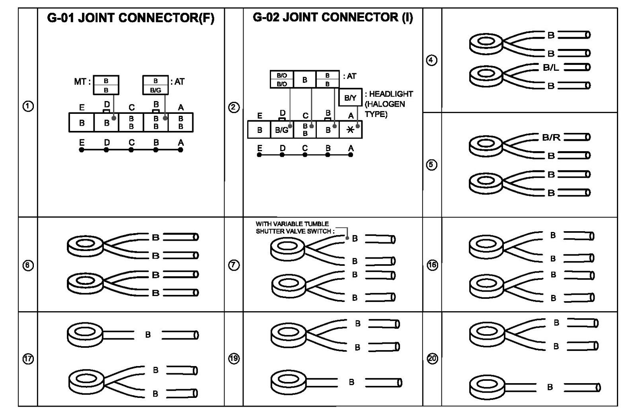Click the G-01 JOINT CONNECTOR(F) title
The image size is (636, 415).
[x=131, y=18]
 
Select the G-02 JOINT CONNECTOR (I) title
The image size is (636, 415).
[x=333, y=18]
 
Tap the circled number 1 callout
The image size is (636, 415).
[x=28, y=107]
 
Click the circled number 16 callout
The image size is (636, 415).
[x=432, y=265]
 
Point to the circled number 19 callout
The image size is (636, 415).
[x=234, y=358]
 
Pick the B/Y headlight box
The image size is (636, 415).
[x=350, y=97]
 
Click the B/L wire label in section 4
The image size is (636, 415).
[x=551, y=68]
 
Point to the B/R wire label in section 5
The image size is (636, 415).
[x=551, y=138]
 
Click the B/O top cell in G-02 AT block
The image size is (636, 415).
[x=282, y=75]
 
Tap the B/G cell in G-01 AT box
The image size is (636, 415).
[x=156, y=90]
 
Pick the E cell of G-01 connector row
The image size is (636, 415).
[x=82, y=123]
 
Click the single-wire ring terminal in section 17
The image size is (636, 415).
[x=85, y=334]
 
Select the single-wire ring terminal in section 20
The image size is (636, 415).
[x=487, y=387]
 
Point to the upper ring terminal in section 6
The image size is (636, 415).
[x=85, y=245]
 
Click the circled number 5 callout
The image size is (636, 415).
[x=432, y=165]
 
